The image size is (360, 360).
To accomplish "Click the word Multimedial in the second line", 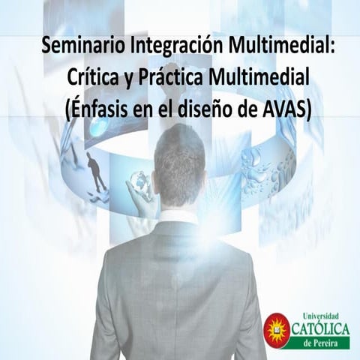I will click(x=264, y=76).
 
